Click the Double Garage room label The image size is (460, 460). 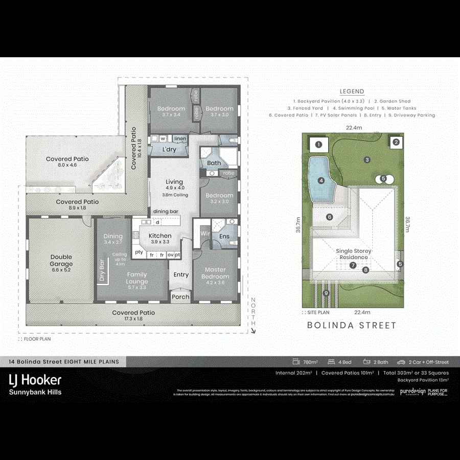[x=61, y=261]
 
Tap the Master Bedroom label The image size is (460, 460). [x=215, y=273]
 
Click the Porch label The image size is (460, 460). [x=180, y=297]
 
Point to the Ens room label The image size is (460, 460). [x=224, y=237]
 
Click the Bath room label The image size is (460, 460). [x=214, y=164]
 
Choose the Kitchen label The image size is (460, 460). [x=160, y=236]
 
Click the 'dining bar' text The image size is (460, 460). [x=166, y=211]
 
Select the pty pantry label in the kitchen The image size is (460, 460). [x=139, y=252]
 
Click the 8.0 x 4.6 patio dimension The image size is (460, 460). [x=67, y=166]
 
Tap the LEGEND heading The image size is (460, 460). [x=352, y=91]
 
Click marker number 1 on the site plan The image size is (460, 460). [x=319, y=145]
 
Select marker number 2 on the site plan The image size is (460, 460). [x=396, y=143]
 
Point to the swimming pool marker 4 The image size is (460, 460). [x=321, y=180]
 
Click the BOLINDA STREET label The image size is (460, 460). [x=352, y=325]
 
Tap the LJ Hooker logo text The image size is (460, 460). [x=35, y=380]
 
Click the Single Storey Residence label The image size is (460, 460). [x=353, y=254]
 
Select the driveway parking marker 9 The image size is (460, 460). [x=326, y=293]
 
